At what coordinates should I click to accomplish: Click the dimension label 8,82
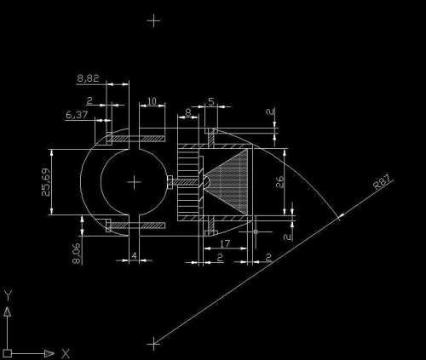[88, 78]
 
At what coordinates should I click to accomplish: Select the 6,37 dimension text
[77, 115]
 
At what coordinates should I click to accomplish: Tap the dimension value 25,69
[46, 182]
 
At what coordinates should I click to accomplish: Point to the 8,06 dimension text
[77, 254]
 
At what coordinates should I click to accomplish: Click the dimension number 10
[152, 101]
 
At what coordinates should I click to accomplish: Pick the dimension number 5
[211, 101]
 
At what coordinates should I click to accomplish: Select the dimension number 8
[188, 112]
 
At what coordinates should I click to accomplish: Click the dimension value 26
[279, 182]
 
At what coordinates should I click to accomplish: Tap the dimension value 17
[225, 243]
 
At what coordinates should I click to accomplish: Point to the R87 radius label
[383, 182]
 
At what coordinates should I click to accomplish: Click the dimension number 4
[135, 255]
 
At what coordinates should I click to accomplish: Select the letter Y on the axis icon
[8, 295]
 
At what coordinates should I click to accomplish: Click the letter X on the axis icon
[66, 354]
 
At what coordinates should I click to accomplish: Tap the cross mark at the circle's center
[135, 182]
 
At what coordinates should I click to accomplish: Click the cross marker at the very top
[153, 20]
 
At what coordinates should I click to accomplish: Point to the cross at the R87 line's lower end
[153, 344]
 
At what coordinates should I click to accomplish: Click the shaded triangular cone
[226, 182]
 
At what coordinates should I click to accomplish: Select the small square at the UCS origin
[8, 353]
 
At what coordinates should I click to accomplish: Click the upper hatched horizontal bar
[135, 139]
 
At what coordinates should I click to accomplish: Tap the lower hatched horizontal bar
[135, 226]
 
